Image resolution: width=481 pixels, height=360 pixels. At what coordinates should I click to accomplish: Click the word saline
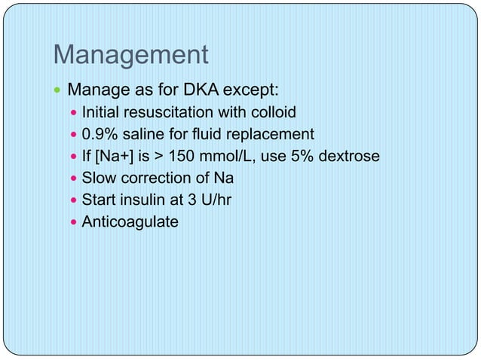pyautogui.click(x=144, y=135)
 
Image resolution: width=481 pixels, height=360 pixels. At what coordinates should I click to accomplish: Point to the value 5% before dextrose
pyautogui.click(x=306, y=157)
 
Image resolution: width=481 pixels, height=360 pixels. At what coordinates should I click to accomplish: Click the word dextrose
pyautogui.click(x=351, y=157)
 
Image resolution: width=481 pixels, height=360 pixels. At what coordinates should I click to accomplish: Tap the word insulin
pyautogui.click(x=139, y=200)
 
